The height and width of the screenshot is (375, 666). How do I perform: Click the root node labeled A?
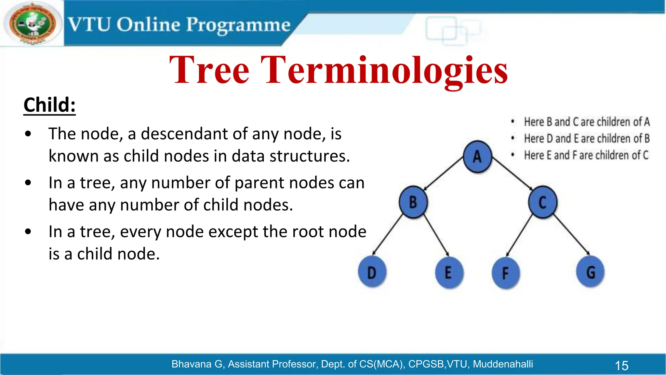(477, 157)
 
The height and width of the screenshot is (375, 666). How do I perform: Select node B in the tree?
(413, 202)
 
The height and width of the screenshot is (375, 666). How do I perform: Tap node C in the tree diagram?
(542, 202)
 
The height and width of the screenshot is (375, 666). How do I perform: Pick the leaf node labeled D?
(372, 272)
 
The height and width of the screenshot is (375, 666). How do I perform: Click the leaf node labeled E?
(448, 272)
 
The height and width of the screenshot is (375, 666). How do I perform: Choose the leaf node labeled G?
(590, 272)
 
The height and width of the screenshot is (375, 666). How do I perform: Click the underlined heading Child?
(49, 105)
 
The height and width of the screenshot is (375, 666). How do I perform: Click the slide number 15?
(621, 366)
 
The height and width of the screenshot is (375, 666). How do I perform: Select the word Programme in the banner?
(238, 25)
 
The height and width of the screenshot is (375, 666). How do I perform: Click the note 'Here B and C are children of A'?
(587, 122)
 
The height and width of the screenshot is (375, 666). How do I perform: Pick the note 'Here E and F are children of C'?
(586, 155)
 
